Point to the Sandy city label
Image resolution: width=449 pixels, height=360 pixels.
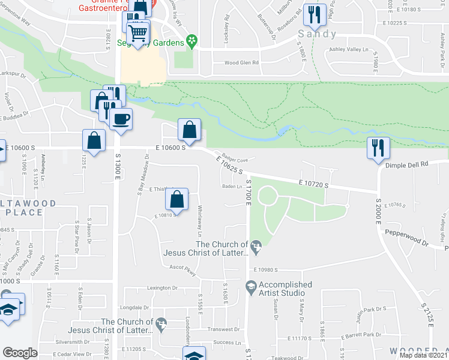[318, 34]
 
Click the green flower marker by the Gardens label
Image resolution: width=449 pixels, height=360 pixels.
[191, 41]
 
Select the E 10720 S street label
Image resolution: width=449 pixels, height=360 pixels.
[313, 182]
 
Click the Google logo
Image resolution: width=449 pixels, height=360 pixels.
[20, 352]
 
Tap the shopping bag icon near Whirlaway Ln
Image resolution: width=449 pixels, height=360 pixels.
[177, 199]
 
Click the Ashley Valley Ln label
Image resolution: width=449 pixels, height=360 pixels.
[349, 52]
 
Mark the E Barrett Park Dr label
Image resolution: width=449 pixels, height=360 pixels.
[361, 335]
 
